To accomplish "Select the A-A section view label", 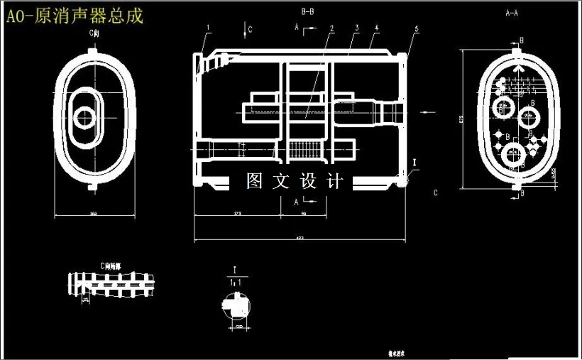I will point(511,13).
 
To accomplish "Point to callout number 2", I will point(331,28).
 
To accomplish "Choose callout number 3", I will point(357,28).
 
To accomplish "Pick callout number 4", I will point(376,28).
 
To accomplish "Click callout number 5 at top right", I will point(417,28).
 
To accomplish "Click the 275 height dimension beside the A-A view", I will point(461,119).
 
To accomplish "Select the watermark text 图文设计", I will point(295,182).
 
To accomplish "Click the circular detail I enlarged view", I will point(236,306).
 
